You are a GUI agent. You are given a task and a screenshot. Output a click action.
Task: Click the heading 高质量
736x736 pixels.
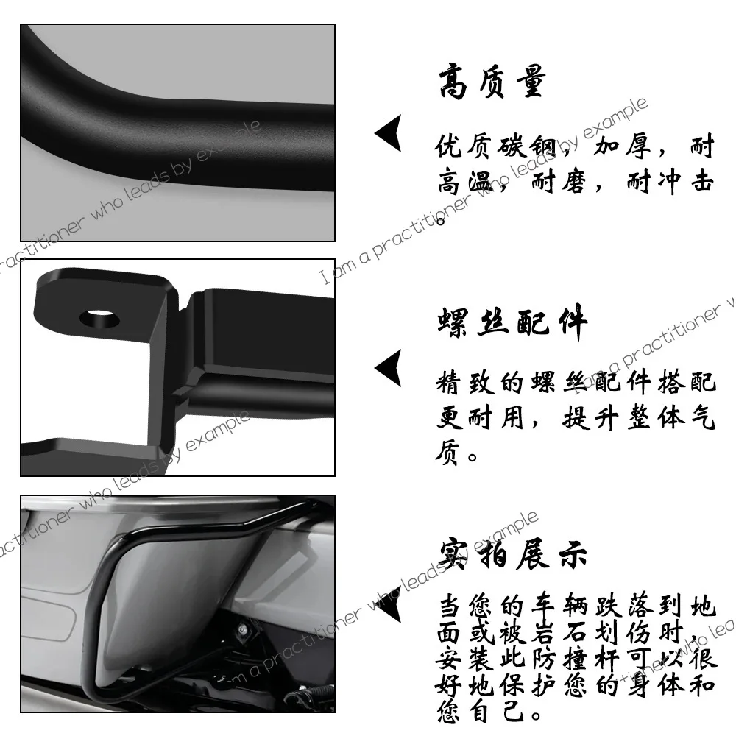492,82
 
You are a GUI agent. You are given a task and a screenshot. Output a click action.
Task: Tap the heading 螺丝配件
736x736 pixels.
512,322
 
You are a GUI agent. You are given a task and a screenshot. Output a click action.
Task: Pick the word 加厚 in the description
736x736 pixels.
623,148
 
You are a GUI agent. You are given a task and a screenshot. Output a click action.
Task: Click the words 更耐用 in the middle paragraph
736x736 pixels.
482,418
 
